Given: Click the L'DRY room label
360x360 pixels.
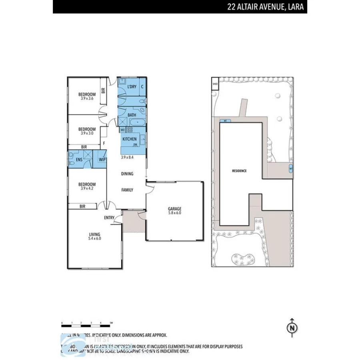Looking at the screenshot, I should click(x=132, y=87).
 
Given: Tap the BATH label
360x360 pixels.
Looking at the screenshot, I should click(x=132, y=115).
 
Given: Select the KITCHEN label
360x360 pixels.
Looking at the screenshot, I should click(x=129, y=139).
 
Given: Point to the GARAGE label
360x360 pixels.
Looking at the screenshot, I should click(x=174, y=209).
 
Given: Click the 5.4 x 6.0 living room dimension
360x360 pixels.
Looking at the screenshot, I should click(x=94, y=239).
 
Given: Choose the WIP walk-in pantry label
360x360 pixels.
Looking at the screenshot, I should click(x=102, y=160).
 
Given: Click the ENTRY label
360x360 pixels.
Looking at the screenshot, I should click(x=109, y=218).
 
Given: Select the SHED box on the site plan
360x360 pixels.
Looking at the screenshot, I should click(x=215, y=84).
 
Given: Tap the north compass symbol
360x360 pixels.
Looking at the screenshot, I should click(x=292, y=327).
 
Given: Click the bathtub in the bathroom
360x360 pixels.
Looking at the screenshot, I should click(x=138, y=122).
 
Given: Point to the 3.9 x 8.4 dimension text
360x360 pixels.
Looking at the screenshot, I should click(x=128, y=158).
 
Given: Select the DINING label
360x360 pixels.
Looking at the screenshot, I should click(x=127, y=174).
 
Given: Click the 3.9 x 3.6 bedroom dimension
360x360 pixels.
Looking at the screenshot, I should click(x=87, y=98).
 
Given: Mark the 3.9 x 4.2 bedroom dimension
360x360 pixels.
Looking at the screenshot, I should click(x=87, y=188).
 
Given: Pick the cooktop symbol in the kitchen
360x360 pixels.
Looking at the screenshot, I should click(x=130, y=130).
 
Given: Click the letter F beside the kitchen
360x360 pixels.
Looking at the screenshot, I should click(x=104, y=143).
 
